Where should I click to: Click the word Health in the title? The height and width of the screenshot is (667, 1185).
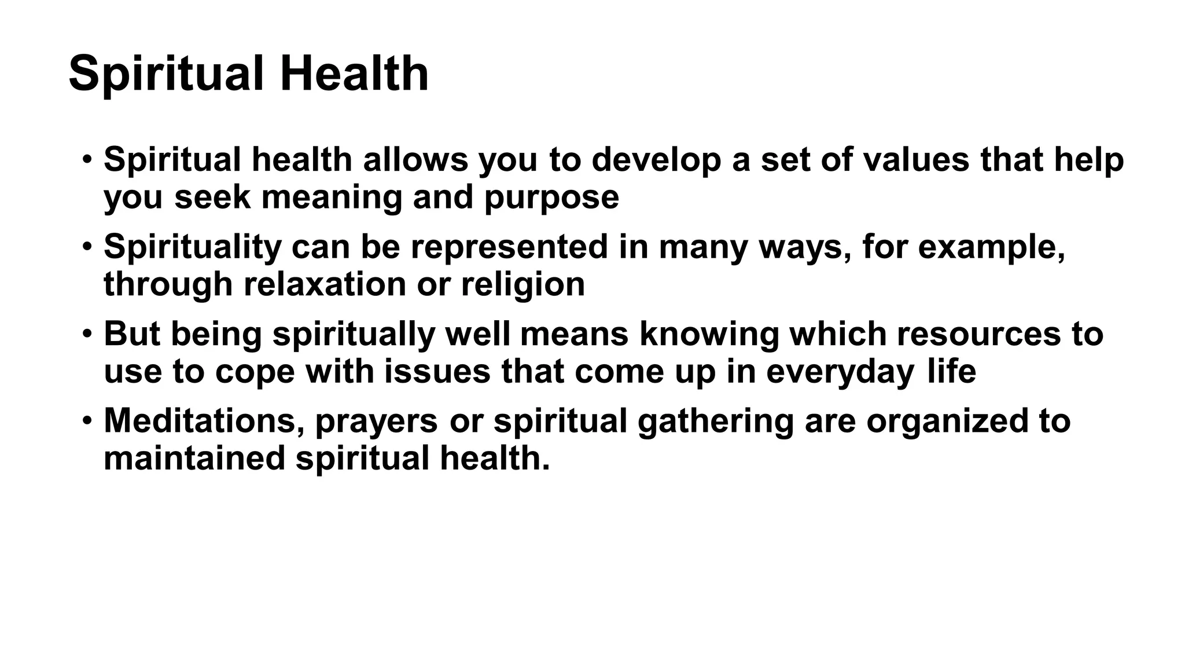click(354, 74)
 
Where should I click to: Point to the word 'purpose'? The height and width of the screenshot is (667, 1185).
click(551, 198)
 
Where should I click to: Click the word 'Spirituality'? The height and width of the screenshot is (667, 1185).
click(192, 247)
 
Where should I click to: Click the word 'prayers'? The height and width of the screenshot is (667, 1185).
click(377, 422)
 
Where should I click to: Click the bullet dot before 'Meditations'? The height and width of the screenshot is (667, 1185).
click(87, 419)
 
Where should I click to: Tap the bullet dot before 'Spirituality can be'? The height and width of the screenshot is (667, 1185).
click(87, 245)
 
